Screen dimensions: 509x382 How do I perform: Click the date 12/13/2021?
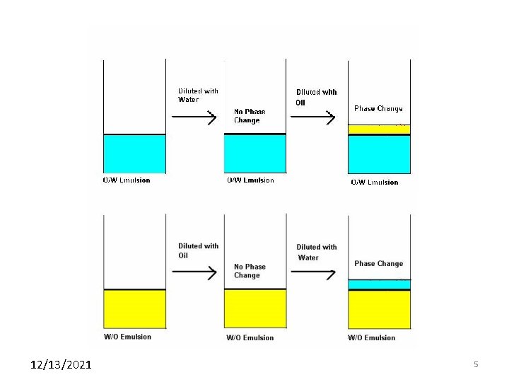[x=61, y=365]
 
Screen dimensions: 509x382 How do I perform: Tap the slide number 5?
[x=476, y=364]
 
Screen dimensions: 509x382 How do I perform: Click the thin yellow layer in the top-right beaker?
[x=379, y=129]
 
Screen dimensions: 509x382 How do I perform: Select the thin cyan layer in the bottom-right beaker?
[x=379, y=284]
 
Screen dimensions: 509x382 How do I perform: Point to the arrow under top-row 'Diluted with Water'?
[x=194, y=117]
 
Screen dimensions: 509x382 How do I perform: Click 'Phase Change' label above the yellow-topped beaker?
[x=378, y=109]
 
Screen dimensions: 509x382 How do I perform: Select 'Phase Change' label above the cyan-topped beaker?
[x=378, y=264]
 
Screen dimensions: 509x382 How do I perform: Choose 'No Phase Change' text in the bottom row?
[x=250, y=271]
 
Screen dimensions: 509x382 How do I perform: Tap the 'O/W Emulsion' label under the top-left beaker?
[x=127, y=180]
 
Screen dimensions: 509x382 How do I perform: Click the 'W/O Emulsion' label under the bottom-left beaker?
[x=127, y=337]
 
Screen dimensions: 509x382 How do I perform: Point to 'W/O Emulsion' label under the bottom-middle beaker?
[x=250, y=338]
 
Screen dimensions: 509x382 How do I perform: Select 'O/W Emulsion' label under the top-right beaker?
[x=375, y=183]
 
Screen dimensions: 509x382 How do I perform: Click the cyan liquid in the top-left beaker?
[x=134, y=154]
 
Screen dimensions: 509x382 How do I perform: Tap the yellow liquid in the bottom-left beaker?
[x=134, y=309]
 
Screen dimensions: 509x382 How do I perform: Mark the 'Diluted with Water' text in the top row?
[x=198, y=95]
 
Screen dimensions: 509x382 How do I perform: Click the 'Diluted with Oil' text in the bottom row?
[x=198, y=250]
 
